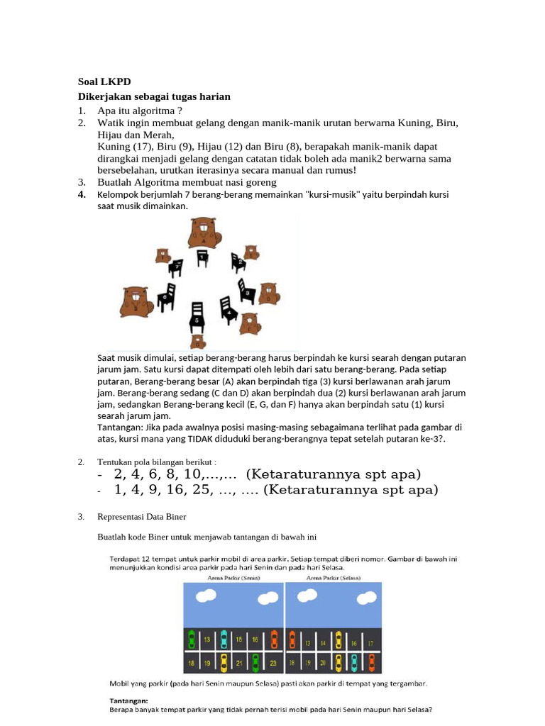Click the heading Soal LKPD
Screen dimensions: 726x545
coord(104,82)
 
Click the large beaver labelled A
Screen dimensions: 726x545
coord(204,233)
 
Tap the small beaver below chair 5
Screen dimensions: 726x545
coord(199,342)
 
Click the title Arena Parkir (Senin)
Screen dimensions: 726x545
coord(233,578)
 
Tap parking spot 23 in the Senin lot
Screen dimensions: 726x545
coord(273,664)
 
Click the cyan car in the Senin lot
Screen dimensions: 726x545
coord(224,640)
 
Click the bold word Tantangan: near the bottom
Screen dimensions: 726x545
coord(128,698)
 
